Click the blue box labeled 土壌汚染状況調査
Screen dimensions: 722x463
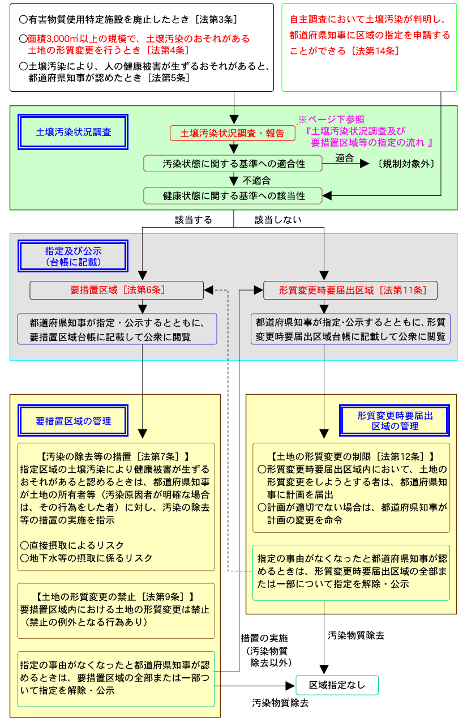coord(74,132)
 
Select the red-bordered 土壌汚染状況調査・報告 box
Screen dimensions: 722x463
coord(233,134)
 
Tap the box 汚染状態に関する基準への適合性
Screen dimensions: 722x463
coord(233,164)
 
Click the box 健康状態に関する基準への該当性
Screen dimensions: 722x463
coord(233,195)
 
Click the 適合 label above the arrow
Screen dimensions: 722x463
coord(344,157)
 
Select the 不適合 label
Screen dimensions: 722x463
coord(256,180)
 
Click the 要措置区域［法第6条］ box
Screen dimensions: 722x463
coord(117,290)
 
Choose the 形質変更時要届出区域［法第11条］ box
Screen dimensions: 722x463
coord(351,290)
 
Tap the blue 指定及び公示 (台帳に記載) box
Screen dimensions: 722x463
coord(74,255)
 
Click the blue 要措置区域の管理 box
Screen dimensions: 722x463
coord(74,421)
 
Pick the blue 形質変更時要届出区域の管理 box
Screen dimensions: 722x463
coord(395,421)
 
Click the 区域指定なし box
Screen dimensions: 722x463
coord(337,685)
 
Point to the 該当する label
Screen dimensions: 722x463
coord(194,219)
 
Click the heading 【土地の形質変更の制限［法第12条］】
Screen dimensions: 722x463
coord(351,456)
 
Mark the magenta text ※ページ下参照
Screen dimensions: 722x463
coord(331,119)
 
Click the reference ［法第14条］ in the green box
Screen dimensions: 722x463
coord(375,50)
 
